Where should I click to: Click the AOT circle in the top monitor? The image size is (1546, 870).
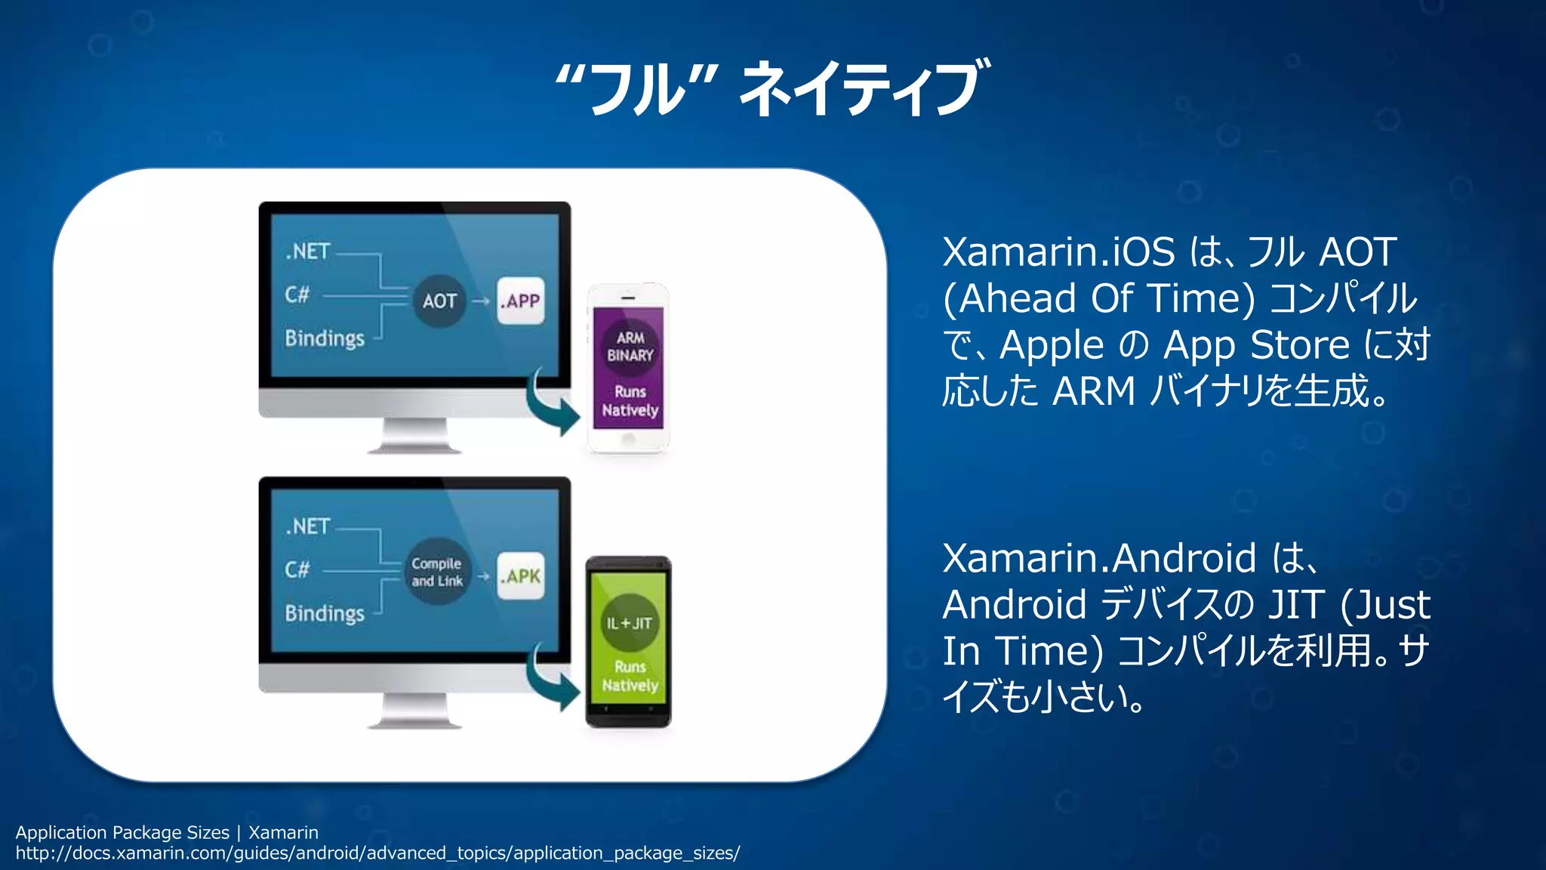[439, 301]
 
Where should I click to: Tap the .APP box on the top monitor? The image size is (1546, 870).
[520, 301]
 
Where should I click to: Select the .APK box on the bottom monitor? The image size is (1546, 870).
[520, 576]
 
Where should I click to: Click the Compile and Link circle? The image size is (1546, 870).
[437, 572]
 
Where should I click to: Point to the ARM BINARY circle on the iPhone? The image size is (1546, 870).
[630, 347]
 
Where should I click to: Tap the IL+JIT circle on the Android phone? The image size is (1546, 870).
[630, 623]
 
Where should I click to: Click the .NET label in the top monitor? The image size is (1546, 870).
[308, 251]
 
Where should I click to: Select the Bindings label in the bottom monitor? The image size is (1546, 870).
[325, 613]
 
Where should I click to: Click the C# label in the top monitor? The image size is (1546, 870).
[297, 295]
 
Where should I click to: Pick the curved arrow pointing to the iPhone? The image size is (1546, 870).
[553, 403]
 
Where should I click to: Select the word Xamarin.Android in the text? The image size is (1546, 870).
[1099, 559]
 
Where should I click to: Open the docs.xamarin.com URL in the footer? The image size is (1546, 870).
[377, 853]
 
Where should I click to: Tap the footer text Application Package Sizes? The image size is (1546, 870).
[122, 832]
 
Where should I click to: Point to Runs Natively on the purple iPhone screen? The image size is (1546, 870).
[630, 401]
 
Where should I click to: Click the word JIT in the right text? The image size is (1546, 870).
[1295, 605]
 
